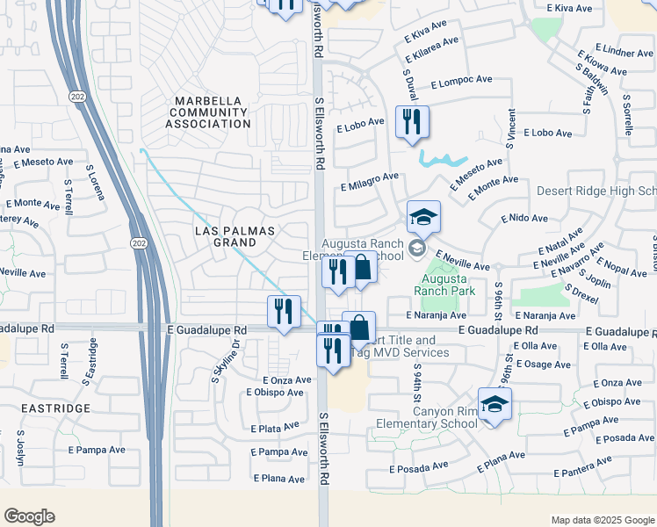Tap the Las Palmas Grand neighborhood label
(235, 236)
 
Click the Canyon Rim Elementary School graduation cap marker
(495, 404)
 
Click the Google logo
(29, 516)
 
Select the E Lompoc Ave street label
(461, 81)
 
